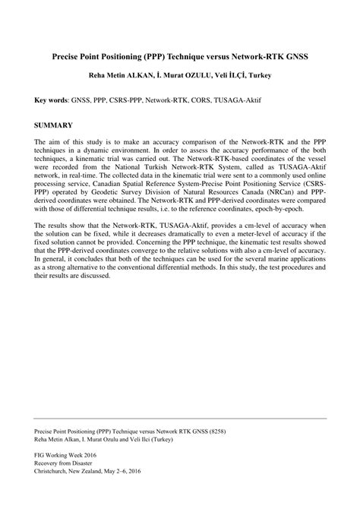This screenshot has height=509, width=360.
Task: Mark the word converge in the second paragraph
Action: (165, 249)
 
